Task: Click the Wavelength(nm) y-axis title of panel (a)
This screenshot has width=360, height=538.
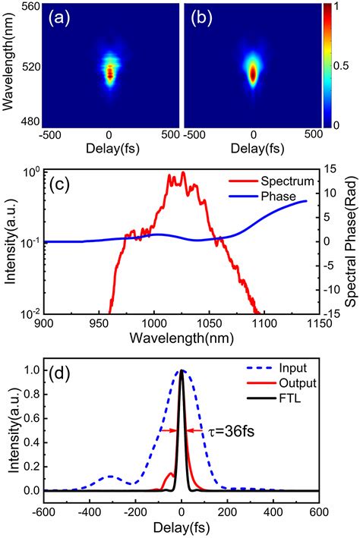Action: pos(10,64)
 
